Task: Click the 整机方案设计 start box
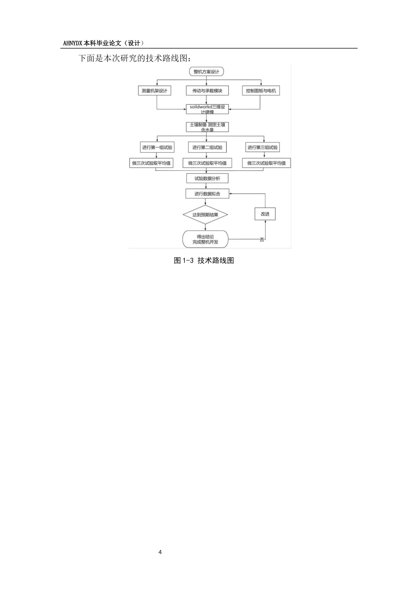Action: [x=206, y=72]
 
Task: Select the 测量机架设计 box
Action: [x=154, y=91]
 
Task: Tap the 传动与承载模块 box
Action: [x=207, y=91]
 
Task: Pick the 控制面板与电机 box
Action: [x=261, y=91]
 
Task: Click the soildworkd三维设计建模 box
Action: [x=207, y=109]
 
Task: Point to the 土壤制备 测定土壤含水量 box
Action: [x=207, y=127]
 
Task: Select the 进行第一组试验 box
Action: [x=157, y=147]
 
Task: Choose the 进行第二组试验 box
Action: [x=207, y=147]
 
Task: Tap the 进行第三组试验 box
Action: [x=263, y=147]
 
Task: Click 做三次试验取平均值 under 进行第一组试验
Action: [x=151, y=163]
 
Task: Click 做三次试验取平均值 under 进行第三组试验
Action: [x=266, y=163]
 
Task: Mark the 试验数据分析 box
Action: [x=207, y=178]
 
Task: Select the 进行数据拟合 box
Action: [x=207, y=193]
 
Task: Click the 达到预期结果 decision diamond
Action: [x=205, y=215]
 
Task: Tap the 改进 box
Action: [x=265, y=214]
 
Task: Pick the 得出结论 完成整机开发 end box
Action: [x=205, y=239]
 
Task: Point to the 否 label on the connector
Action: [x=262, y=240]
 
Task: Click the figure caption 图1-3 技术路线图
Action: [x=204, y=260]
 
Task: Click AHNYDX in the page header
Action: [x=73, y=43]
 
